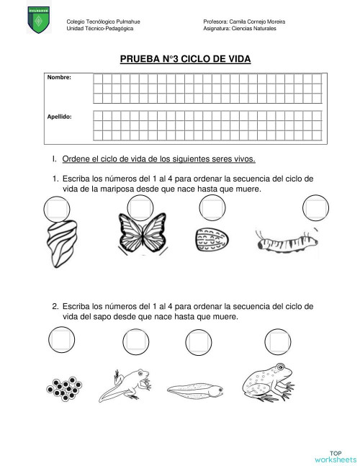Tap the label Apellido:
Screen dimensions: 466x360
click(x=60, y=115)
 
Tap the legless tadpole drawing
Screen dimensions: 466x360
click(x=194, y=390)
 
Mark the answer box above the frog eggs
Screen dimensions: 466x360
click(x=59, y=338)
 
